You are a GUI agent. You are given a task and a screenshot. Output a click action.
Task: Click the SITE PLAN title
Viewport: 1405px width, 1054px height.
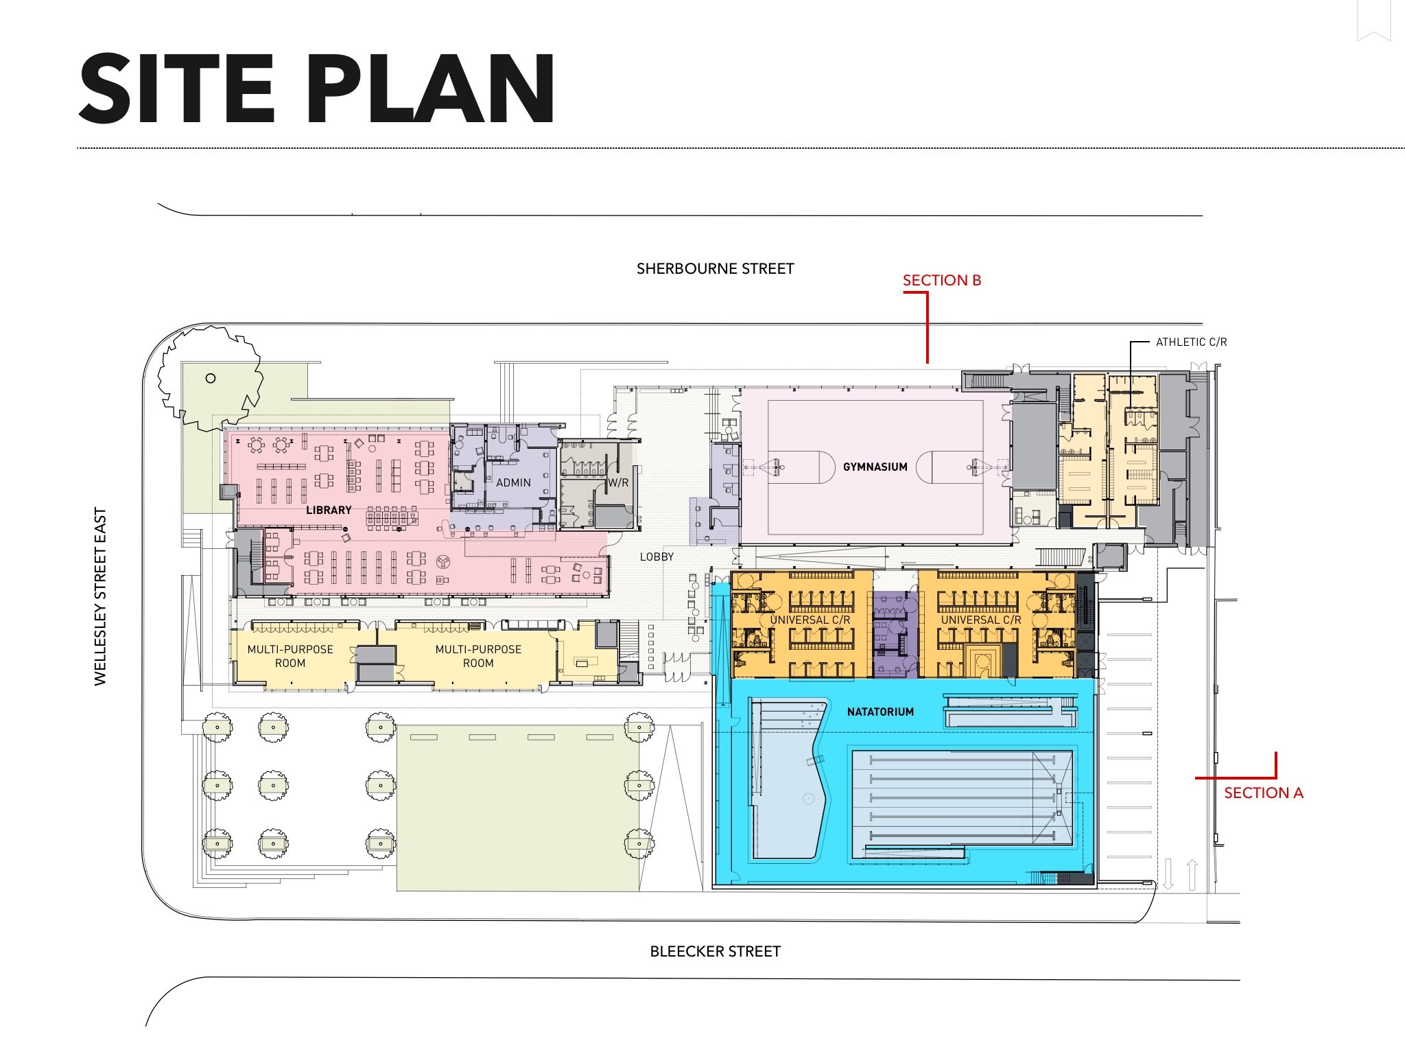pos(317,89)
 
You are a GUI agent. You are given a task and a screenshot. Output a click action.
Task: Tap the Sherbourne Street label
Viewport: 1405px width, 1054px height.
pos(715,269)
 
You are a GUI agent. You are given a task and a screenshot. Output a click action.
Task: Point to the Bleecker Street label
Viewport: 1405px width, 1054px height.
pos(715,951)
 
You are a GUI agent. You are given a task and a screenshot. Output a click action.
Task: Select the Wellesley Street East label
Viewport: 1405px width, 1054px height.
pos(100,596)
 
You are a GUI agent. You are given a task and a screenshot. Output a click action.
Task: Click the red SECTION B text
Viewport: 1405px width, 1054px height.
pos(941,280)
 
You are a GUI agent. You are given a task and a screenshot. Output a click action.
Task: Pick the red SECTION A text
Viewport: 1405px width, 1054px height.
pos(1263,793)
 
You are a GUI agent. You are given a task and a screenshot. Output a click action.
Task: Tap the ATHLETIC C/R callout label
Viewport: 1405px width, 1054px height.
pos(1191,342)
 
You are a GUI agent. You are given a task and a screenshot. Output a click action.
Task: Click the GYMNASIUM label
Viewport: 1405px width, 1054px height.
pos(875,467)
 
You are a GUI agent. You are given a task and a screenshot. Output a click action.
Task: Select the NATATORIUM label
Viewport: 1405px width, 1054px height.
pos(880,712)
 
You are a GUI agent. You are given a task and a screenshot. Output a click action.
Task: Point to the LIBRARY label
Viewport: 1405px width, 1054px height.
pos(329,510)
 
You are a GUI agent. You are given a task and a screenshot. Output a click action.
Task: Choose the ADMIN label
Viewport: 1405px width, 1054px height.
pos(513,482)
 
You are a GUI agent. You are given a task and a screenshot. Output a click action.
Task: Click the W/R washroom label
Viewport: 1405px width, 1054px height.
pos(618,482)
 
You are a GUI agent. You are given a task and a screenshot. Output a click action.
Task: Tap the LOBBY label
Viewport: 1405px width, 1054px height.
pos(657,557)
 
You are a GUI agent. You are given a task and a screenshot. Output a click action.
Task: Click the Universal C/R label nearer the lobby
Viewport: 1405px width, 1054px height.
pos(810,620)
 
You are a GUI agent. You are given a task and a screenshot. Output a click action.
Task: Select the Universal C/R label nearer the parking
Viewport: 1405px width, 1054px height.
pos(980,620)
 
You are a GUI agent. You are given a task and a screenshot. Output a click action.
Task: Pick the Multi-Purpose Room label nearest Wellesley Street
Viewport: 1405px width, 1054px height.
pos(290,656)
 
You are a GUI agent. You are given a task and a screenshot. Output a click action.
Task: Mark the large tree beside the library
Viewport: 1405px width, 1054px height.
pos(210,379)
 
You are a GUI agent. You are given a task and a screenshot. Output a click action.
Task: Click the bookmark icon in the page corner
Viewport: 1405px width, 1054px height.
pos(1374,21)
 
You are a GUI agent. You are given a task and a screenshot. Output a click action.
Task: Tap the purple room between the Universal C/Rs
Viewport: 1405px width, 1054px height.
pos(895,634)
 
